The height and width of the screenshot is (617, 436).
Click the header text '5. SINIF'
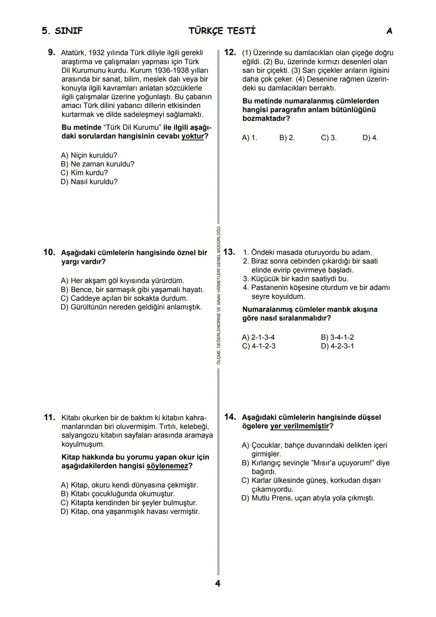coord(62,31)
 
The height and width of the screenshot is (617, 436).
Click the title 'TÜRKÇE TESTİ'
coord(222,31)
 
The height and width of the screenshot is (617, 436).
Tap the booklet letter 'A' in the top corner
coord(389,31)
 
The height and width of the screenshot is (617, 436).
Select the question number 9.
coord(51,52)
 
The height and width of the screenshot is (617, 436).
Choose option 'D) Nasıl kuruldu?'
coord(89,182)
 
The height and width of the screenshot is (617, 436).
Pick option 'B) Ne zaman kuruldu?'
coord(97,164)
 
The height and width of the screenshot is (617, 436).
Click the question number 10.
coord(49,253)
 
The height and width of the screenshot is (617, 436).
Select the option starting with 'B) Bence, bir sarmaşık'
coord(132,290)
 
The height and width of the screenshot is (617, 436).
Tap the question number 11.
coord(49,417)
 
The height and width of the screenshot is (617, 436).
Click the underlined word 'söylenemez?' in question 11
coord(169,466)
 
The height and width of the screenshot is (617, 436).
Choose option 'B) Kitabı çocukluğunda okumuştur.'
coord(117,494)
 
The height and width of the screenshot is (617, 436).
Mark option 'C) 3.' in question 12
coord(329,138)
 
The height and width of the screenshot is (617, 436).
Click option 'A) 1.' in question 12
coord(249,138)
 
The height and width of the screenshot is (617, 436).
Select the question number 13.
coord(229,252)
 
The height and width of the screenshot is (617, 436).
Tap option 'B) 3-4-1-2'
coord(337,337)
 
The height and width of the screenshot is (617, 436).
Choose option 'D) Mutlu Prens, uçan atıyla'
coord(308,498)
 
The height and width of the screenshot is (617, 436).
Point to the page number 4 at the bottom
coord(218,583)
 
